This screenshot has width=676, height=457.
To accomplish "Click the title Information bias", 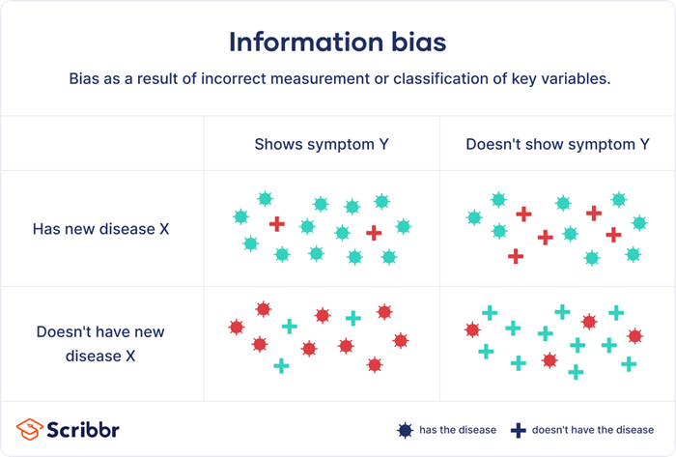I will [x=337, y=43].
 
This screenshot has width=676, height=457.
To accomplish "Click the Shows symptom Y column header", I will [x=321, y=144].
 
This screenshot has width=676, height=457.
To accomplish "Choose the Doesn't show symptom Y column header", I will [x=557, y=144].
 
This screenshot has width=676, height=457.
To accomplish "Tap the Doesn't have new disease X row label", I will [x=101, y=343].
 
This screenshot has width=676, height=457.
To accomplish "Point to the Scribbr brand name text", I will [x=84, y=429].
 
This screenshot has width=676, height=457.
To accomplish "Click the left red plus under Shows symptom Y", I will [x=277, y=224].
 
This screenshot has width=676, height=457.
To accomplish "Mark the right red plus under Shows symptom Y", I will [x=374, y=233].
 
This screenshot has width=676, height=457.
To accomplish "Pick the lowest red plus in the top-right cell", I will [x=516, y=256].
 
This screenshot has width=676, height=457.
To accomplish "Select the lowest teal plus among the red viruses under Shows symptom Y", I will [x=281, y=365].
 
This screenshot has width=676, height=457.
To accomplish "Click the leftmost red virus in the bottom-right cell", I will [x=472, y=330].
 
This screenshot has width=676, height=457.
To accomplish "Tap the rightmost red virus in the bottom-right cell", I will [x=634, y=336].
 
